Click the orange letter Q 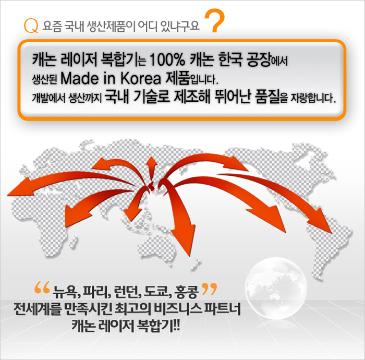tap(31, 26)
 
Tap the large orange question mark tap(215, 20)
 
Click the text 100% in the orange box tap(167, 60)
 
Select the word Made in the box tap(80, 78)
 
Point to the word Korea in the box tap(141, 78)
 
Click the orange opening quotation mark tap(42, 287)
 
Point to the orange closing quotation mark tap(209, 289)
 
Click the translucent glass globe tap(276, 288)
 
